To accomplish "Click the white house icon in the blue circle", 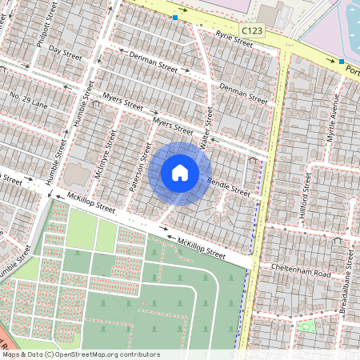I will (x=180, y=173).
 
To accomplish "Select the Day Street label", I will (x=65, y=53).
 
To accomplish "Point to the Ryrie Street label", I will (x=234, y=38).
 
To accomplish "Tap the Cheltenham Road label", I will (x=300, y=268).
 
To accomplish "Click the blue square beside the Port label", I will (x=342, y=62).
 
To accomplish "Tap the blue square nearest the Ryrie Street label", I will (x=175, y=17).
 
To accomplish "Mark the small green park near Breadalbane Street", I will (x=305, y=326).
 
